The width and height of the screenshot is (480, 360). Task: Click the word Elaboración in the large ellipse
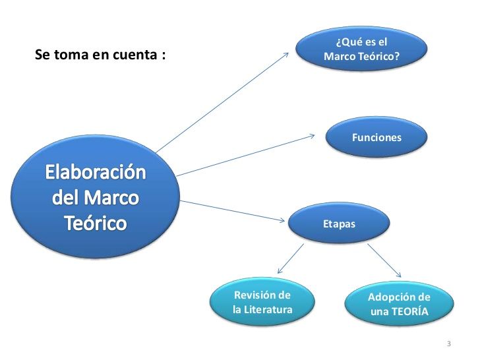(x=96, y=172)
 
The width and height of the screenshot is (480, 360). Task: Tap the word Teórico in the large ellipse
(x=96, y=223)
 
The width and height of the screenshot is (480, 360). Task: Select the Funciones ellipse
(x=376, y=137)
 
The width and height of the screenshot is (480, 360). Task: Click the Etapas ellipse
(x=339, y=223)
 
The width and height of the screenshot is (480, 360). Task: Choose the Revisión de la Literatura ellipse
(x=262, y=302)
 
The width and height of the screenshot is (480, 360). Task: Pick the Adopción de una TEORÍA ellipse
(x=399, y=304)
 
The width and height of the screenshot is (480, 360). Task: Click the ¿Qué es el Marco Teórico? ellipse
(x=361, y=49)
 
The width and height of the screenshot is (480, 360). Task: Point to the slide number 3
(x=449, y=344)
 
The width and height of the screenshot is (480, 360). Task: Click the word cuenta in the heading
(x=135, y=55)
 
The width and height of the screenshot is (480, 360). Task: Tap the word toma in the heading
(x=69, y=55)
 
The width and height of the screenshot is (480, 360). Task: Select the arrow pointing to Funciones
(x=245, y=155)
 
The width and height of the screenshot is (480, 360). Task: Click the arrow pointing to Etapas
(x=232, y=211)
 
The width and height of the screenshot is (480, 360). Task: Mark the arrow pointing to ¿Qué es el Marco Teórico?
(x=222, y=103)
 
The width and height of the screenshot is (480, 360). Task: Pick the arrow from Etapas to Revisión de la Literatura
(x=291, y=258)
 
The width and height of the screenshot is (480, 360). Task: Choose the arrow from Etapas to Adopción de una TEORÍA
(x=384, y=260)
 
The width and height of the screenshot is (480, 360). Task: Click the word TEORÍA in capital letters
(x=409, y=311)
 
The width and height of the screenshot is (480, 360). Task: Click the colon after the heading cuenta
(x=164, y=55)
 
